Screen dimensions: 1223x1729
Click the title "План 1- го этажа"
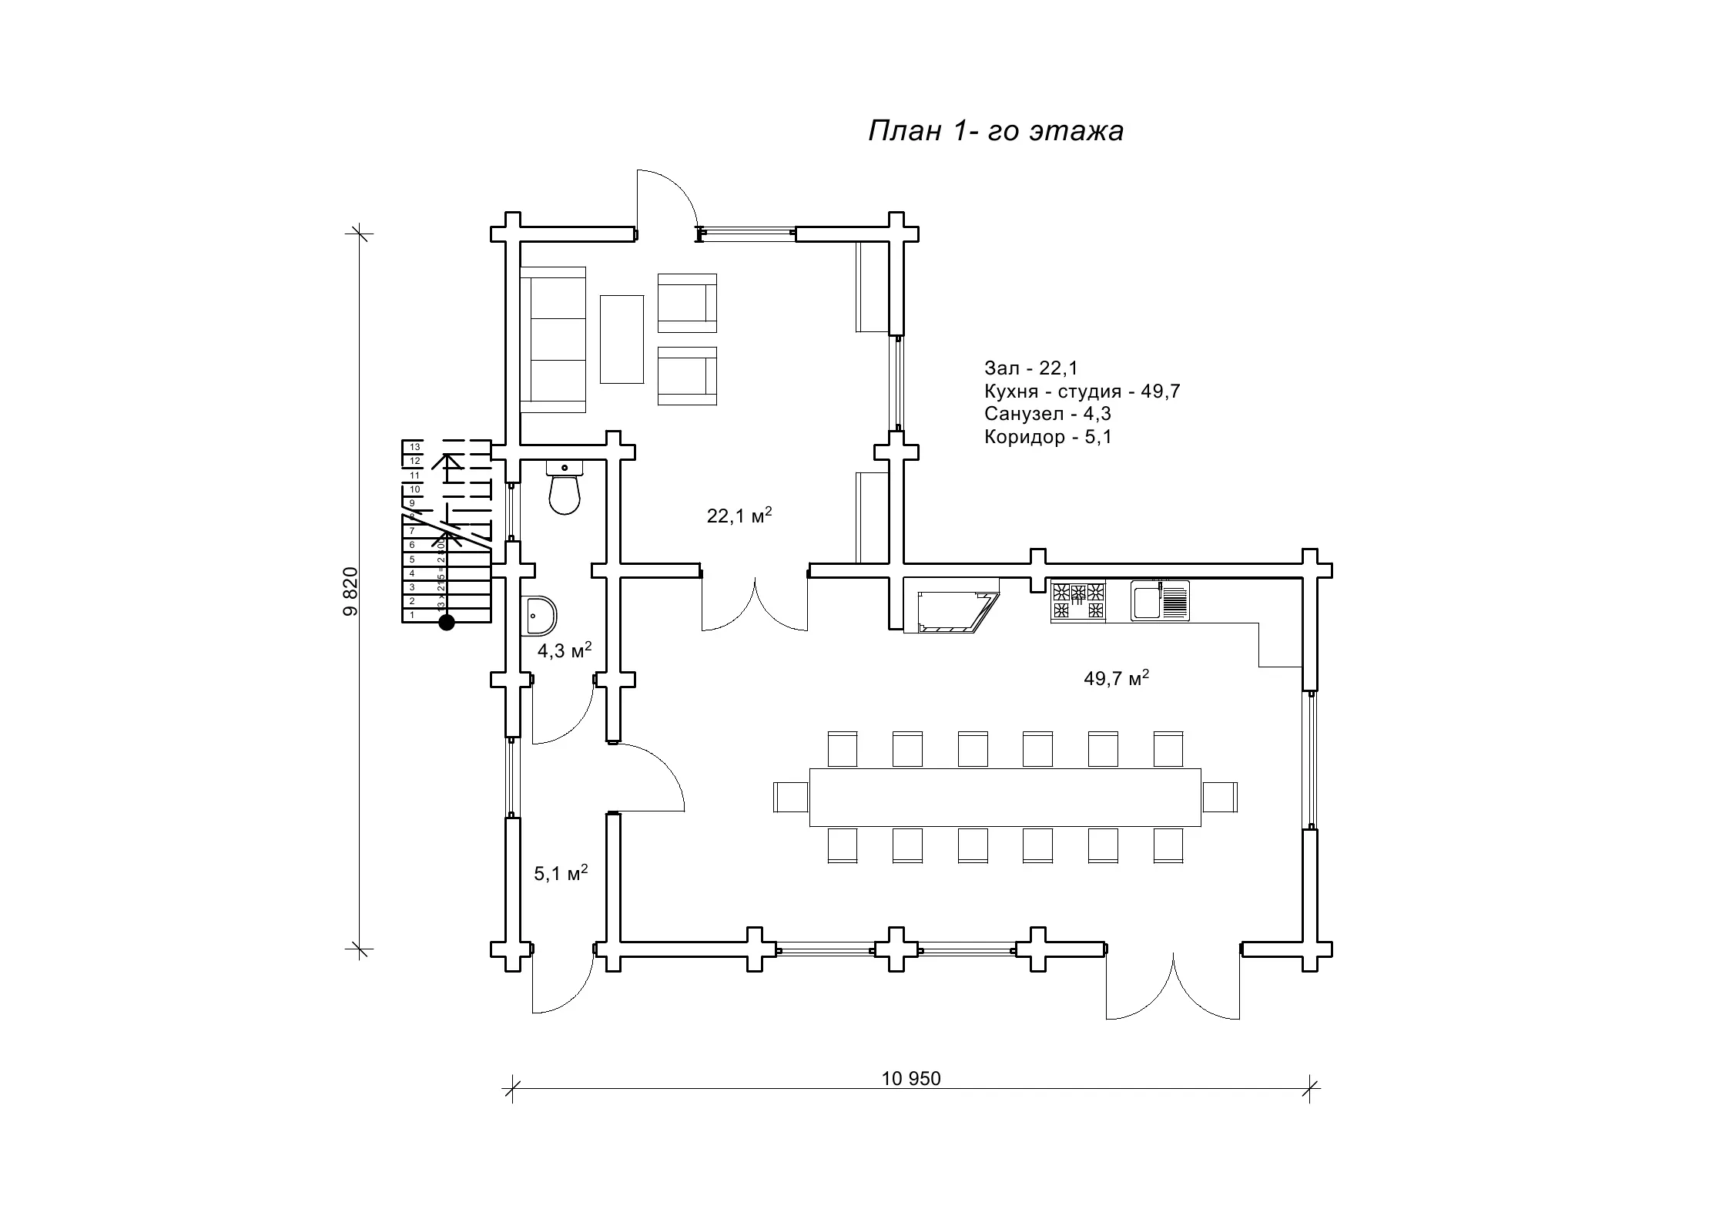pyautogui.click(x=995, y=131)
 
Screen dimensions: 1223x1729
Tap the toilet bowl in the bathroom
pyautogui.click(x=565, y=492)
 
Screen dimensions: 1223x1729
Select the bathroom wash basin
pyautogui.click(x=539, y=615)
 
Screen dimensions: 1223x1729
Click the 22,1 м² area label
pyautogui.click(x=739, y=516)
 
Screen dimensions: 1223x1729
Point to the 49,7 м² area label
pyautogui.click(x=1116, y=678)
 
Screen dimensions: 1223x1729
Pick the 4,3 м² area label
pyautogui.click(x=564, y=650)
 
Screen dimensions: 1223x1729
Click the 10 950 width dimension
pyautogui.click(x=911, y=1079)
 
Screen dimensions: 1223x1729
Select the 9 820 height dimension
pyautogui.click(x=350, y=591)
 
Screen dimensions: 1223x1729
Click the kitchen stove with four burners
pyautogui.click(x=1078, y=602)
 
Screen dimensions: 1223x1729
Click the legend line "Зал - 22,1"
pyautogui.click(x=1031, y=368)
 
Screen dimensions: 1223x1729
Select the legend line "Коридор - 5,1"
pyautogui.click(x=1047, y=438)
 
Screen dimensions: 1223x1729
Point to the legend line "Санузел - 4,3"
pyautogui.click(x=1047, y=414)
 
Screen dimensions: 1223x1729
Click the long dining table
pyautogui.click(x=1005, y=797)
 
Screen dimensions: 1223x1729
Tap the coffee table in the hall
pyautogui.click(x=622, y=339)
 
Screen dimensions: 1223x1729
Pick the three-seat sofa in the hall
pyautogui.click(x=554, y=340)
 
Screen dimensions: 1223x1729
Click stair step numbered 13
pyautogui.click(x=414, y=447)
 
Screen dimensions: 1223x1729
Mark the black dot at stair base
pyautogui.click(x=446, y=623)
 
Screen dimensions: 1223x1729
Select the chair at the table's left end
pyautogui.click(x=790, y=796)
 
